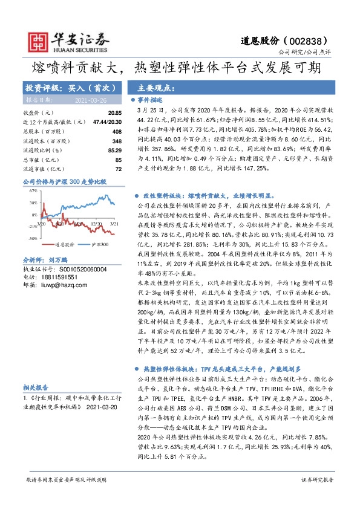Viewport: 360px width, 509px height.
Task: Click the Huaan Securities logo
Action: (58, 39)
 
